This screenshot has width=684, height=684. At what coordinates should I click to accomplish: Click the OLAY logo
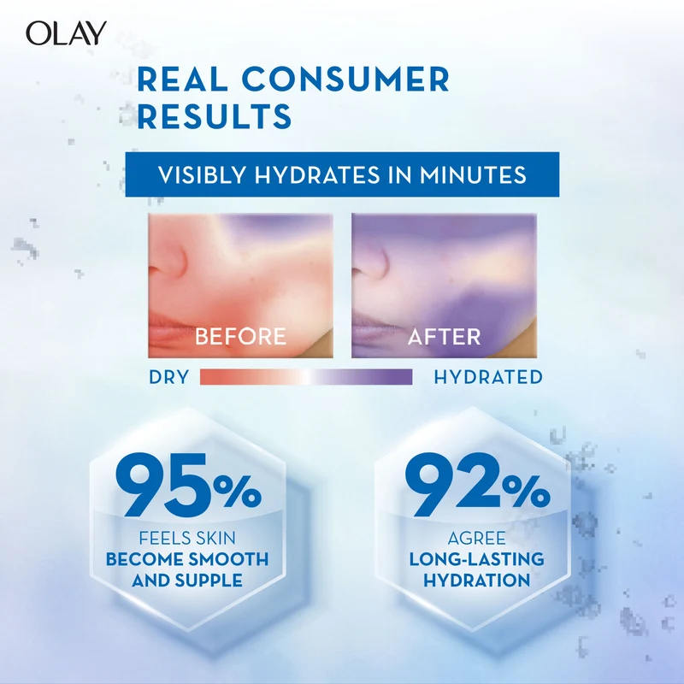click(66, 33)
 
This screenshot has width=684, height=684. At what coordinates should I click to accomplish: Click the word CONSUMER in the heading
click(345, 80)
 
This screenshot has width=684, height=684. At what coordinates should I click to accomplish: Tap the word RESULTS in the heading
click(215, 116)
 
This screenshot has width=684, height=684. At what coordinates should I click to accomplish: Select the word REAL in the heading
click(182, 80)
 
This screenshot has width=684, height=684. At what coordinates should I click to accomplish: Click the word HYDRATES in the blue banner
click(317, 175)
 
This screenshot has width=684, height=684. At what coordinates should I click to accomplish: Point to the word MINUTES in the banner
click(473, 175)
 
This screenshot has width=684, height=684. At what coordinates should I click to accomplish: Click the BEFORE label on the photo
click(240, 336)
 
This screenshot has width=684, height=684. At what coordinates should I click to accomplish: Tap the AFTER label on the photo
click(444, 336)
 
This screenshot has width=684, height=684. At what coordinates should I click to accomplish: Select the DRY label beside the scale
click(168, 377)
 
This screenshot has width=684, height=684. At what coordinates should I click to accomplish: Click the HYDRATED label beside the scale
click(488, 377)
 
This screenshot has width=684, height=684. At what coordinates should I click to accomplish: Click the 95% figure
click(188, 484)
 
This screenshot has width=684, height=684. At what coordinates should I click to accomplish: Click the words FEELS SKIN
click(187, 539)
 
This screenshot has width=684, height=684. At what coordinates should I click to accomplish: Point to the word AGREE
click(476, 539)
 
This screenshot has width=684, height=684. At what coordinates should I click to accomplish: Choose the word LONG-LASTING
click(476, 559)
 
